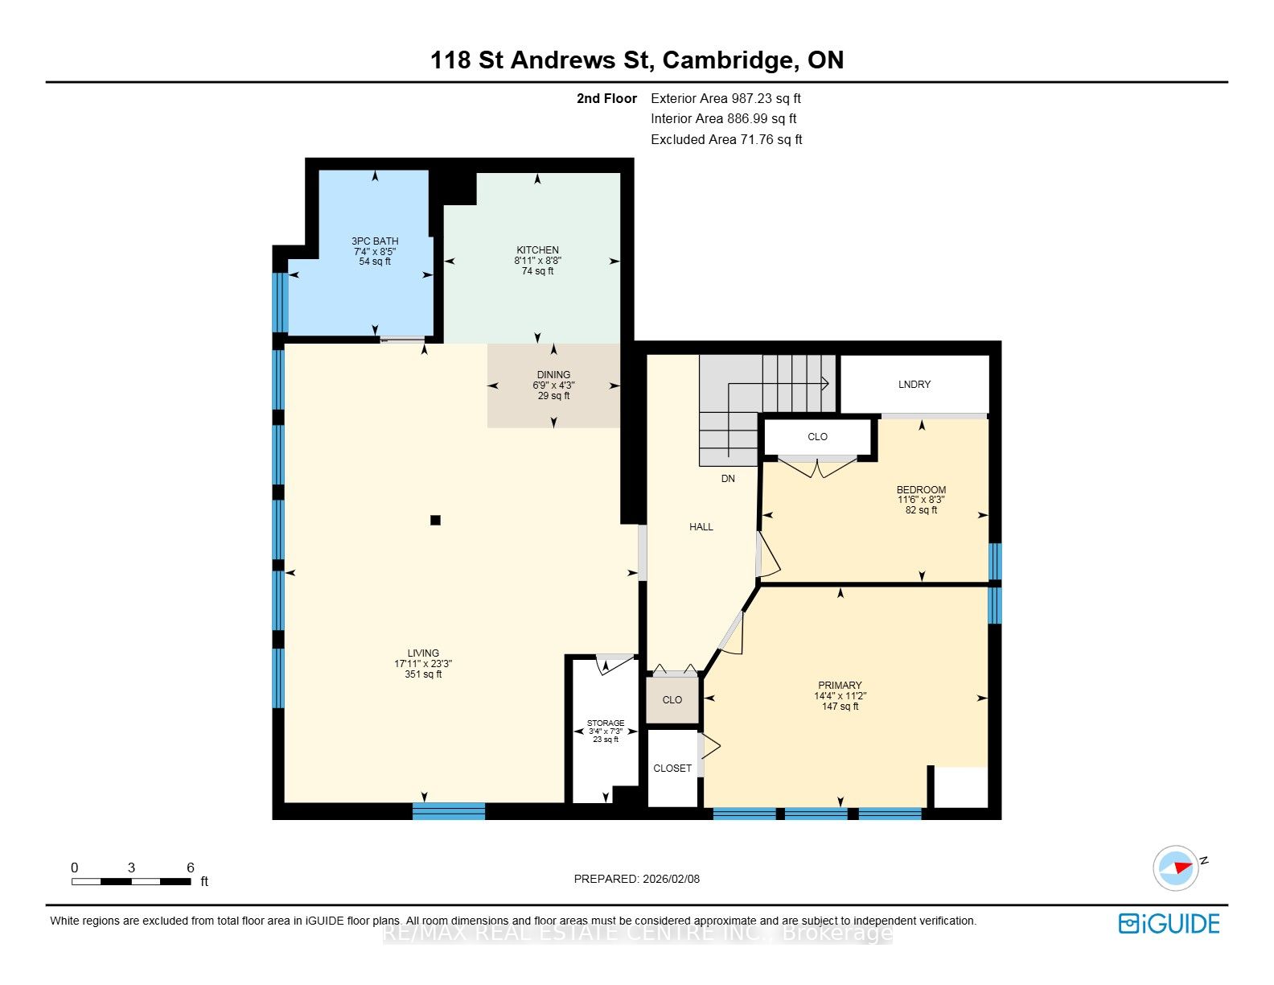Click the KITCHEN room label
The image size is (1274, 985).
537,250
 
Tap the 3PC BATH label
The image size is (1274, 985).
375,241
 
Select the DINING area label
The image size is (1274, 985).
553,375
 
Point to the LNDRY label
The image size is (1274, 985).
914,384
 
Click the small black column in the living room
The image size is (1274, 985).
435,520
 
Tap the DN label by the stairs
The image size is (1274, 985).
728,479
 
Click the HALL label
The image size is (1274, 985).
701,527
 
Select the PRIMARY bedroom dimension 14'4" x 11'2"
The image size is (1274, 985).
840,696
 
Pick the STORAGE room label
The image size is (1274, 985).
606,723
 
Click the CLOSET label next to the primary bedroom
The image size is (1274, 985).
672,768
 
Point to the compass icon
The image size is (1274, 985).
1176,868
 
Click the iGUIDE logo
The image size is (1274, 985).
1169,923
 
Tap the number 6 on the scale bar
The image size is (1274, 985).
190,867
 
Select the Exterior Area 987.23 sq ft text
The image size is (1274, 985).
725,98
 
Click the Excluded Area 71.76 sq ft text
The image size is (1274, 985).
725,140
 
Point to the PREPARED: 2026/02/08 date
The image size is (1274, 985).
637,879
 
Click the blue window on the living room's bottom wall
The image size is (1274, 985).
449,810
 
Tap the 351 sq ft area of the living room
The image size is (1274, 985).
423,674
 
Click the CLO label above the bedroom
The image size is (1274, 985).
817,436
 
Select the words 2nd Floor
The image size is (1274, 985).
606,98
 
